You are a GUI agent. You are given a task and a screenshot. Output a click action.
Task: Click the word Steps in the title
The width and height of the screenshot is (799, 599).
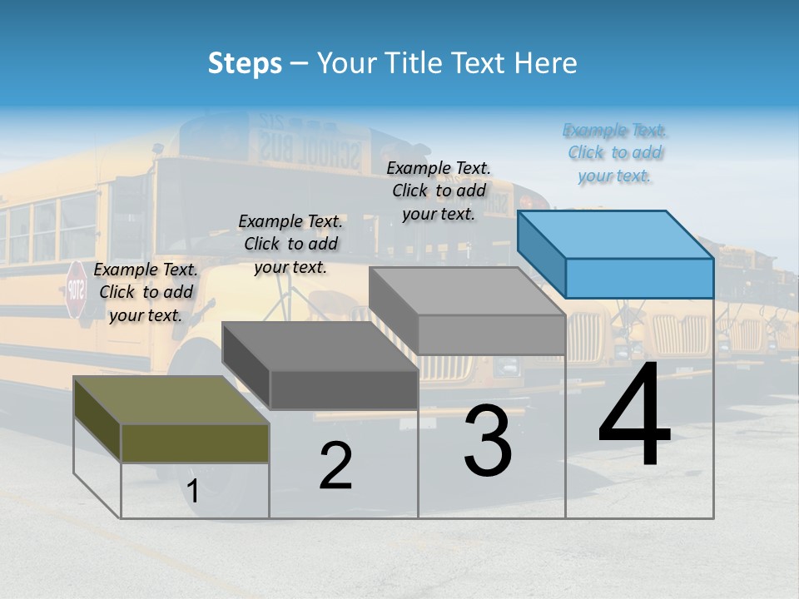245,63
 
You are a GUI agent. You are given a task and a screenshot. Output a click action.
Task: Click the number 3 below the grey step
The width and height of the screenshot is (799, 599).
488,441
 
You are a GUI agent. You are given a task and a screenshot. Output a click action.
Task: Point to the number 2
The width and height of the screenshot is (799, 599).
335,466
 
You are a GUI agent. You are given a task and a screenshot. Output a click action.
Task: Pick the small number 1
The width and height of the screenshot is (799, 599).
193,492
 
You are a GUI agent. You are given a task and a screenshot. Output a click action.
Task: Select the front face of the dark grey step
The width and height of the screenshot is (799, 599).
344,389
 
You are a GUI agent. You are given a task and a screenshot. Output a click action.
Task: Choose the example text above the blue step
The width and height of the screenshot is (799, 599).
615,153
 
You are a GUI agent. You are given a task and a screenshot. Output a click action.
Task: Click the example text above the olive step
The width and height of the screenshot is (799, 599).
146,292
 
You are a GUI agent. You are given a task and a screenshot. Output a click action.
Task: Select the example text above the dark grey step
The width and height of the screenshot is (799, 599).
290,244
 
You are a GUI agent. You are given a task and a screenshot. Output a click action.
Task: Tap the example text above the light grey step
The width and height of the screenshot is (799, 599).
439,191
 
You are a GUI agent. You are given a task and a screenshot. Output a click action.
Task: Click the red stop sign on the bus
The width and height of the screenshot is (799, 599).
76,290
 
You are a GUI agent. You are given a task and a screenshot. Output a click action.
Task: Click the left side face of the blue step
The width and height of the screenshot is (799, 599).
542,253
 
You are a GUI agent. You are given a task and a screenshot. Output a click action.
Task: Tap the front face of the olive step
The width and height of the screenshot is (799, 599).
195,443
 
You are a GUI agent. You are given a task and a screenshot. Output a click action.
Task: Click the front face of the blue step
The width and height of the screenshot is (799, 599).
639,278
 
